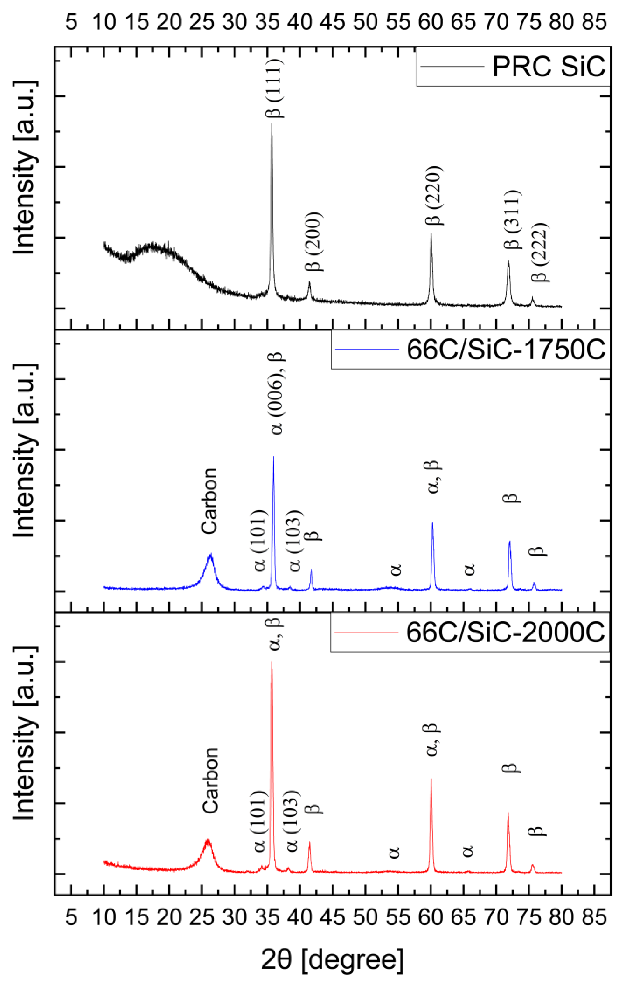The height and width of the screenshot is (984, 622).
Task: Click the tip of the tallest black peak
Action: [272, 124]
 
